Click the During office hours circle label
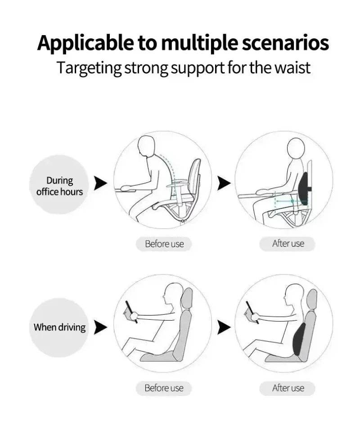pos(59,186)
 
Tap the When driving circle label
pos(59,327)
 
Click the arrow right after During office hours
pos(101,183)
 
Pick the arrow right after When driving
pos(101,327)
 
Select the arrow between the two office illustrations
pos(224,183)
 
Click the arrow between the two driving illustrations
pos(224,327)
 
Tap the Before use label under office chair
pos(164,244)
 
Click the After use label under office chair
pos(288,244)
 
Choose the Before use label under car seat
pos(164,388)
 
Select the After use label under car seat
pos(288,388)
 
